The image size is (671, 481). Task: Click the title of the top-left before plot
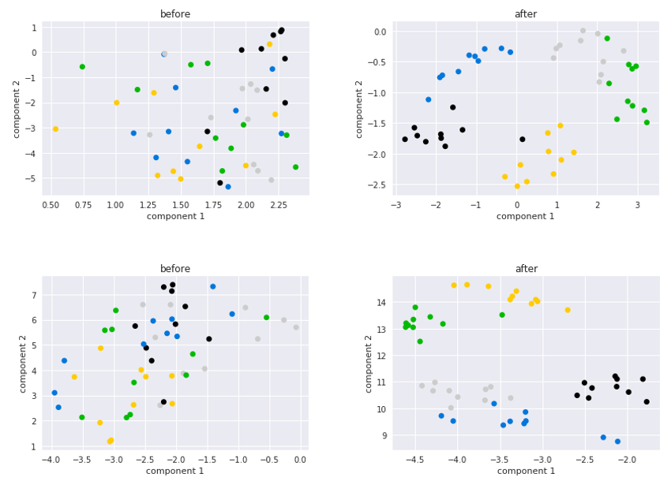pos(175,14)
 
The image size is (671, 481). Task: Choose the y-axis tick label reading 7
pos(34,295)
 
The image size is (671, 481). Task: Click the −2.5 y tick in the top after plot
pos(378,185)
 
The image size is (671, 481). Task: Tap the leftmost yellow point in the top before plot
pos(55,129)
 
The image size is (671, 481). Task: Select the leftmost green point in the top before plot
pos(82,67)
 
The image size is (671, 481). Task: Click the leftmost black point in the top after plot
pos(405,140)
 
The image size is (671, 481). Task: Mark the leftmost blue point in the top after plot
pos(429,100)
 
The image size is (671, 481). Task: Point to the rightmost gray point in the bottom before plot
pos(296,327)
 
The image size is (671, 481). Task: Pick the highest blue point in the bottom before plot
pos(212,287)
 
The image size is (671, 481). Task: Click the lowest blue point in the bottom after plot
pos(617,442)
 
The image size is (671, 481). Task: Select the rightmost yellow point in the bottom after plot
pos(568,310)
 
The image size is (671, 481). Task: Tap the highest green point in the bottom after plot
pos(415,308)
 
